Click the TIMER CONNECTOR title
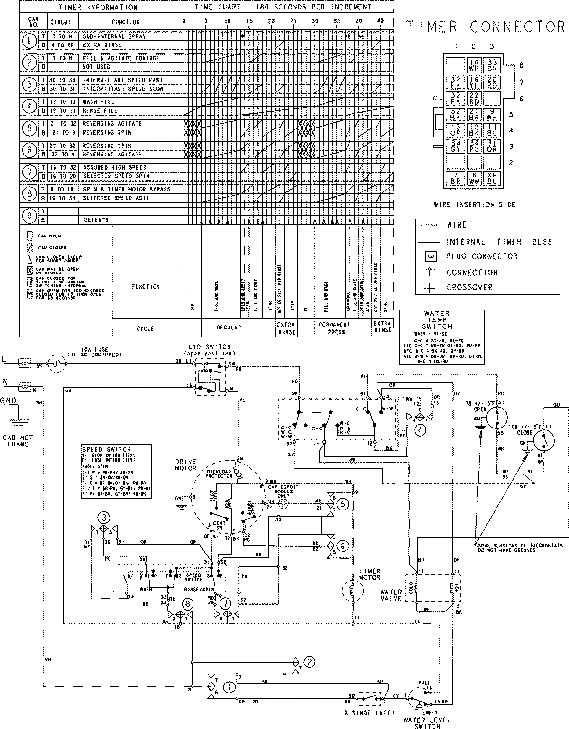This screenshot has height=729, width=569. (x=486, y=27)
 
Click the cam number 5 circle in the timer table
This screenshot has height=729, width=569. (x=30, y=128)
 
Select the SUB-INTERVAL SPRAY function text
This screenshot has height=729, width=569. (x=114, y=36)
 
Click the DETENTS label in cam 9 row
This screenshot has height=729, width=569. (x=96, y=220)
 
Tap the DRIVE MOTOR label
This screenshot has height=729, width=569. (x=186, y=465)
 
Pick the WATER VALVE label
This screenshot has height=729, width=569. (x=391, y=595)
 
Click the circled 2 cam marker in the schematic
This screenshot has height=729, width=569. (x=309, y=662)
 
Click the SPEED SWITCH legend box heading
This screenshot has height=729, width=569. (x=100, y=449)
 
